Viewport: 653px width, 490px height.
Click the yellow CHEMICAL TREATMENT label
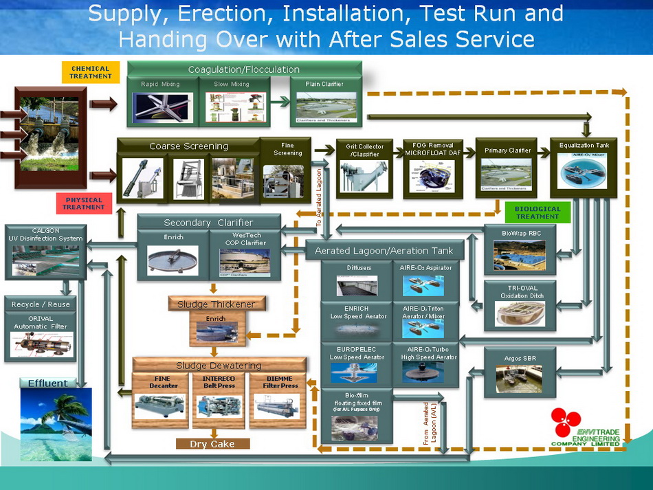(x=91, y=72)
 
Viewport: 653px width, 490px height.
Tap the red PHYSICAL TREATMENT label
(x=83, y=203)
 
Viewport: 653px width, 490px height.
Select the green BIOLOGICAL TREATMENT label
(x=538, y=212)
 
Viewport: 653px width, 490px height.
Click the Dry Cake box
(x=212, y=444)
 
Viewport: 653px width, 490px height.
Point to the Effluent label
(x=47, y=383)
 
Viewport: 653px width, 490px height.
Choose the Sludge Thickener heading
(x=217, y=304)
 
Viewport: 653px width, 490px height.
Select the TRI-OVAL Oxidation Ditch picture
(x=520, y=313)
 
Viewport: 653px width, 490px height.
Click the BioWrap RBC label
(x=522, y=234)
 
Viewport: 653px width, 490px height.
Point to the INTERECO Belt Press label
(x=219, y=382)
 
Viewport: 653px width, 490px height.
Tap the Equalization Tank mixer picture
(x=584, y=170)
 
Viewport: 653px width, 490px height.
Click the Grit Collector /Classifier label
(x=364, y=150)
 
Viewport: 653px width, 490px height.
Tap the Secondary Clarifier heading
(x=208, y=223)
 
